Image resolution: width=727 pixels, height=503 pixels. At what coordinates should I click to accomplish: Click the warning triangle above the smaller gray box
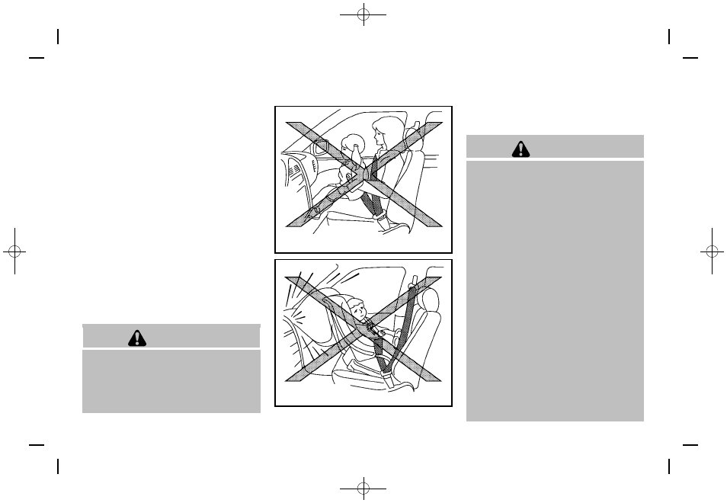click(x=137, y=338)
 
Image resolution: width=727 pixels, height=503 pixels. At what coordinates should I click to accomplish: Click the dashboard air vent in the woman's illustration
click(x=319, y=146)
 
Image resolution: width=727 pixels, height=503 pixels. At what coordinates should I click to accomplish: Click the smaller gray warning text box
click(x=171, y=380)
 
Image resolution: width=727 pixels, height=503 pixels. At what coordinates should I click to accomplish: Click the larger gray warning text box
click(x=555, y=290)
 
